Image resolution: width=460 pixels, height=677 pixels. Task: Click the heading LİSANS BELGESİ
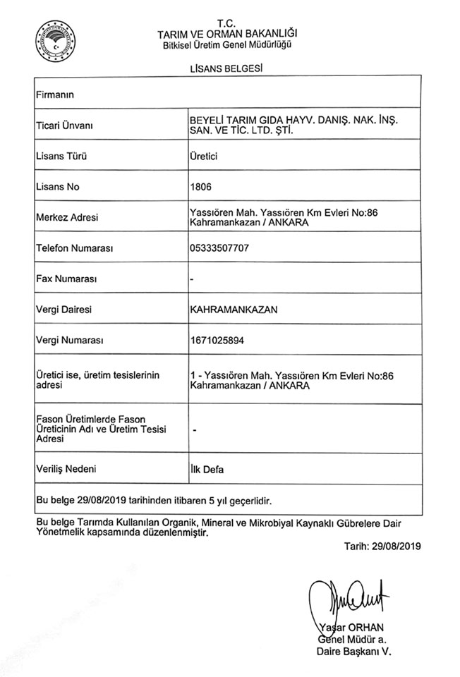[226, 68]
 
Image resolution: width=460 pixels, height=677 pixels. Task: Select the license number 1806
[201, 187]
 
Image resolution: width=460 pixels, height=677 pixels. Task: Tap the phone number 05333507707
[219, 248]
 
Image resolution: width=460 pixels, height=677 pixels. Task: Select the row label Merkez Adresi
[66, 218]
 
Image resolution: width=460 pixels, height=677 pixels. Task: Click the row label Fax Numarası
[66, 279]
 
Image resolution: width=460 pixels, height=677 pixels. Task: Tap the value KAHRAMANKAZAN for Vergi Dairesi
[231, 310]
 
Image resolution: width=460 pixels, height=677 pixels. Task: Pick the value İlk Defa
[207, 468]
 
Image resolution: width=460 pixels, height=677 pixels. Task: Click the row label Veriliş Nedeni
[66, 468]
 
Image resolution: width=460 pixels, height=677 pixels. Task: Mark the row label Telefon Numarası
[75, 248]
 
